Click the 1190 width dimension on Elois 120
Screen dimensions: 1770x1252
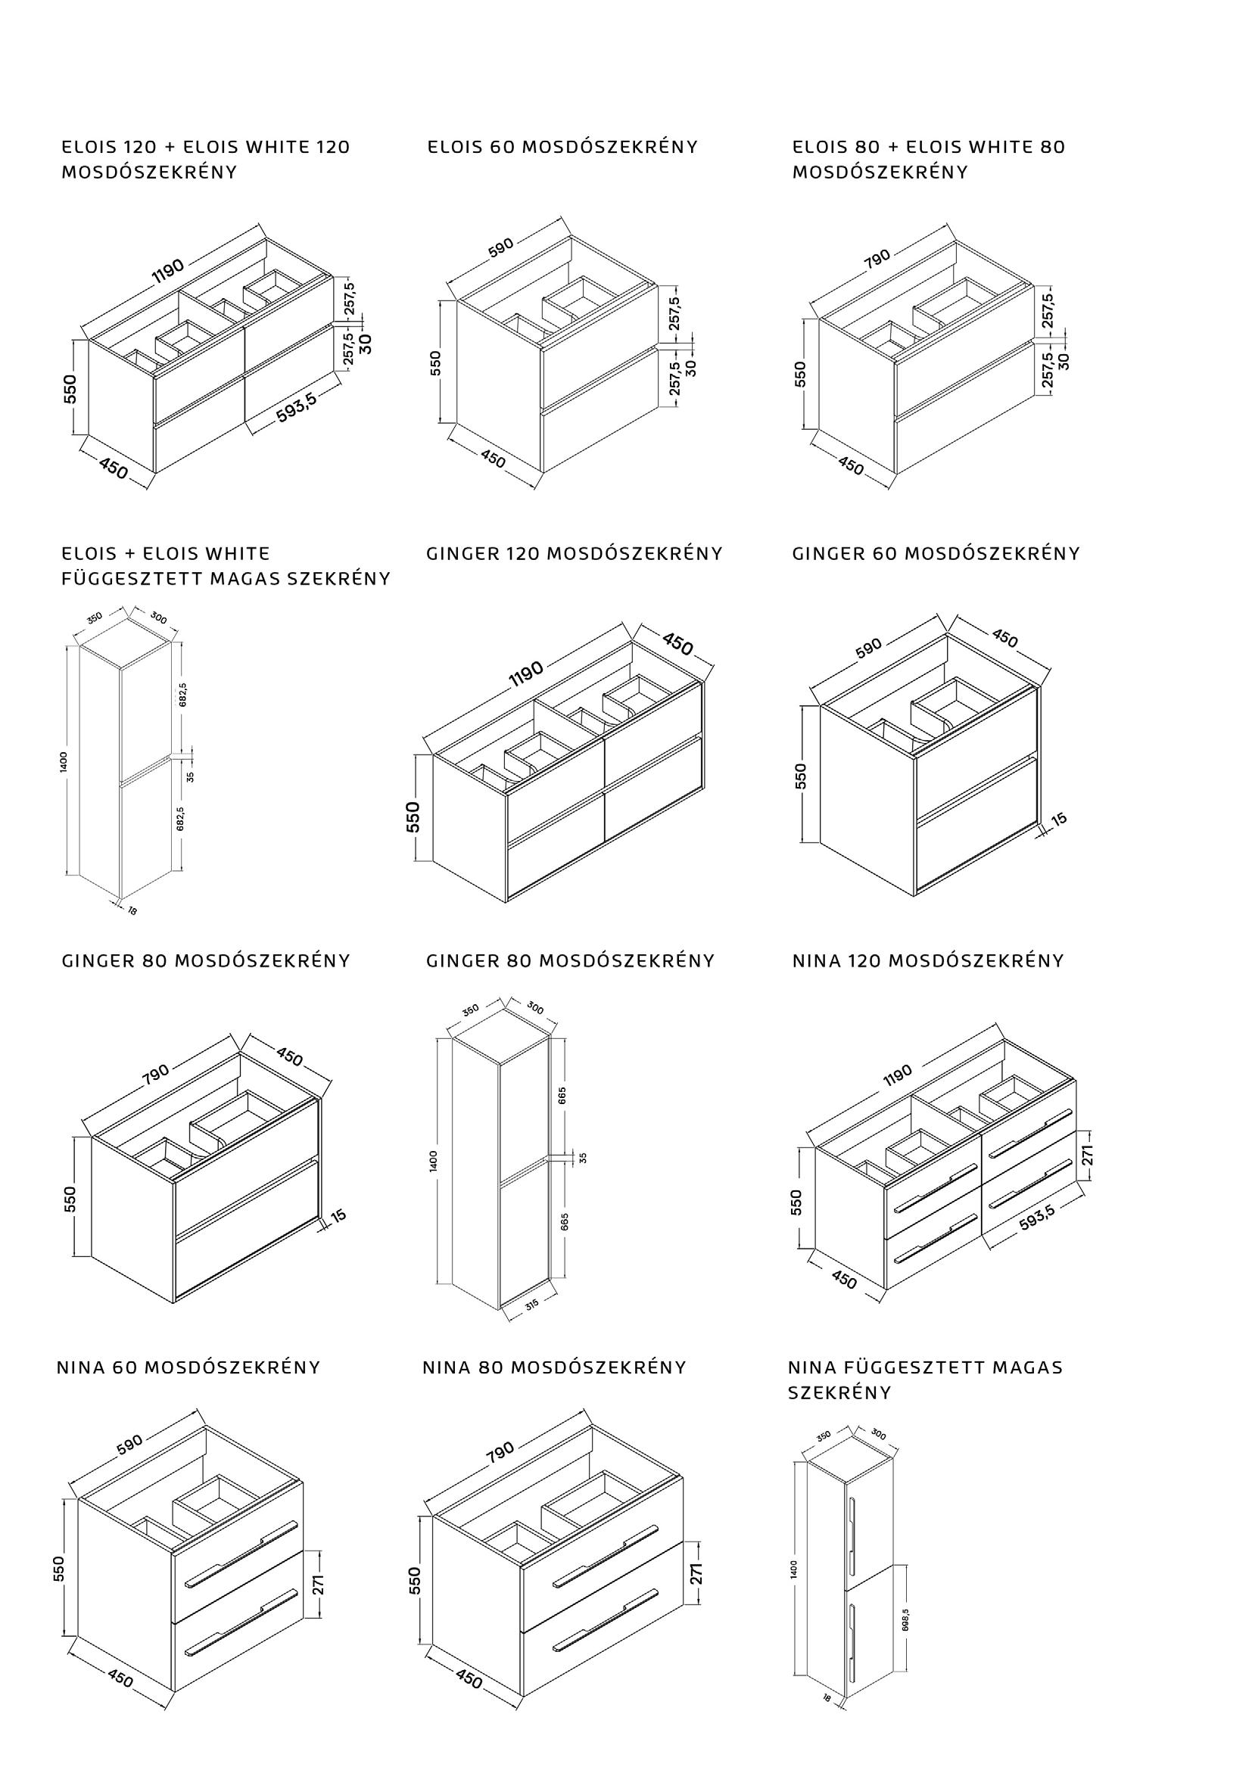[x=167, y=271]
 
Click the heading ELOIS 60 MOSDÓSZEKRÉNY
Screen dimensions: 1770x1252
[x=562, y=147]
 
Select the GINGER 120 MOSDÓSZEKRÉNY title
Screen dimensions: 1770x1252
[x=575, y=553]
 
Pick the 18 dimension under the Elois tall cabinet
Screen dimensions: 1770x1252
[x=132, y=910]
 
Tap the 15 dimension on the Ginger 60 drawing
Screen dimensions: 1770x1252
[x=1060, y=819]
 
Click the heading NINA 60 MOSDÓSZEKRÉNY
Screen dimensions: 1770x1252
[x=188, y=1367]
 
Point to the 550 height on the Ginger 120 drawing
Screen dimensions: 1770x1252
[x=413, y=817]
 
